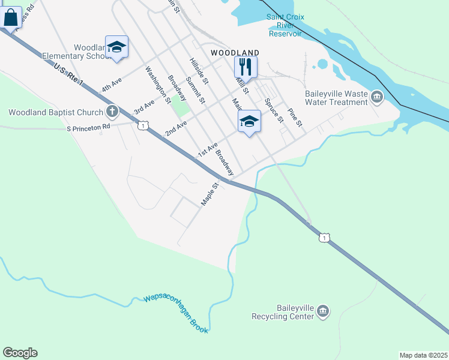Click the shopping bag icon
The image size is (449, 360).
[x=10, y=18]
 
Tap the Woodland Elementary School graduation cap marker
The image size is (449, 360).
[x=116, y=47]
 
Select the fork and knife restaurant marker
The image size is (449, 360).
[x=246, y=65]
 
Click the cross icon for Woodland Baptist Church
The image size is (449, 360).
[x=112, y=112]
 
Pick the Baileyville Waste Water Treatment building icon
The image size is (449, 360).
[x=377, y=97]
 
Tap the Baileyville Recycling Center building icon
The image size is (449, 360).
[x=323, y=311]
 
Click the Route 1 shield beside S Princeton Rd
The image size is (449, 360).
[x=143, y=125]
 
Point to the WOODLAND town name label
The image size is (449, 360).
[x=235, y=53]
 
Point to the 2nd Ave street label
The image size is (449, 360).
[x=176, y=127]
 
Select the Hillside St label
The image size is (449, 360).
[x=199, y=71]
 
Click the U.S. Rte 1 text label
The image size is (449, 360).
[x=68, y=75]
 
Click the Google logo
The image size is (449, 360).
[x=20, y=353]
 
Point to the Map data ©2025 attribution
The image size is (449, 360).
[x=423, y=355]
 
